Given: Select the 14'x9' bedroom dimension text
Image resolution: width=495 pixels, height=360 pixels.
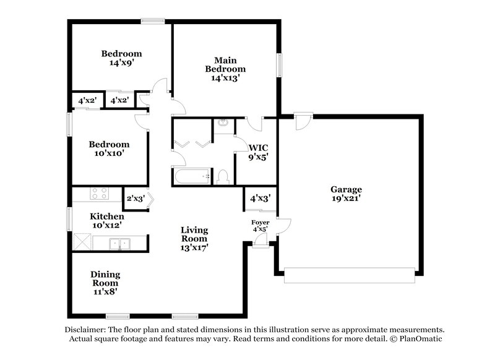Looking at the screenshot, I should pyautogui.click(x=121, y=63).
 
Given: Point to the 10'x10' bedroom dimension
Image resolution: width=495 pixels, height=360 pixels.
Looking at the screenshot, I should pyautogui.click(x=110, y=153).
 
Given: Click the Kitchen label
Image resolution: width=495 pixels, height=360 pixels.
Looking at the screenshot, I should pyautogui.click(x=107, y=216).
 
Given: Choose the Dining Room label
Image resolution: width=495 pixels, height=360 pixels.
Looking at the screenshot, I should pyautogui.click(x=105, y=274).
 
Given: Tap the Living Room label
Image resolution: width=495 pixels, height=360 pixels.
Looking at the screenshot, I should pyautogui.click(x=194, y=230).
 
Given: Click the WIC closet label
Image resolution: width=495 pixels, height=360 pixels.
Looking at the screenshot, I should pyautogui.click(x=257, y=148).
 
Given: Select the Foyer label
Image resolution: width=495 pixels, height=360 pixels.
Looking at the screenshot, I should pyautogui.click(x=259, y=222).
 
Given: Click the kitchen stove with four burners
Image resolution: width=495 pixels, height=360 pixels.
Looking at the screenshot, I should pyautogui.click(x=99, y=193).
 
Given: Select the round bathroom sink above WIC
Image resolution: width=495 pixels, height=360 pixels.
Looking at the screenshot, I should pyautogui.click(x=223, y=123).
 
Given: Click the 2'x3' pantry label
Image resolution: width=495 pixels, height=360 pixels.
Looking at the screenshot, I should pyautogui.click(x=134, y=199).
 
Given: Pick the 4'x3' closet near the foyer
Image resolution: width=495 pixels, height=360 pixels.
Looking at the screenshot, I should pyautogui.click(x=259, y=199).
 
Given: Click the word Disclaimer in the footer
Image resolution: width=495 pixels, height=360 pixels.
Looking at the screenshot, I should pyautogui.click(x=86, y=330).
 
